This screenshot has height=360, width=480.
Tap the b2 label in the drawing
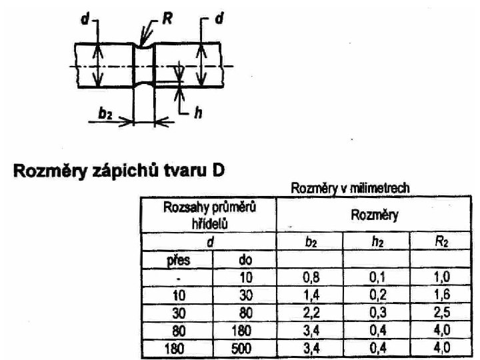pyautogui.click(x=105, y=114)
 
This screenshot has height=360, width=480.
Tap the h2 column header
pyautogui.click(x=377, y=244)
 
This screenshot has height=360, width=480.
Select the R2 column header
pyautogui.click(x=442, y=244)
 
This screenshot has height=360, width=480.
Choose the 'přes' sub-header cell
pyautogui.click(x=176, y=259)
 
